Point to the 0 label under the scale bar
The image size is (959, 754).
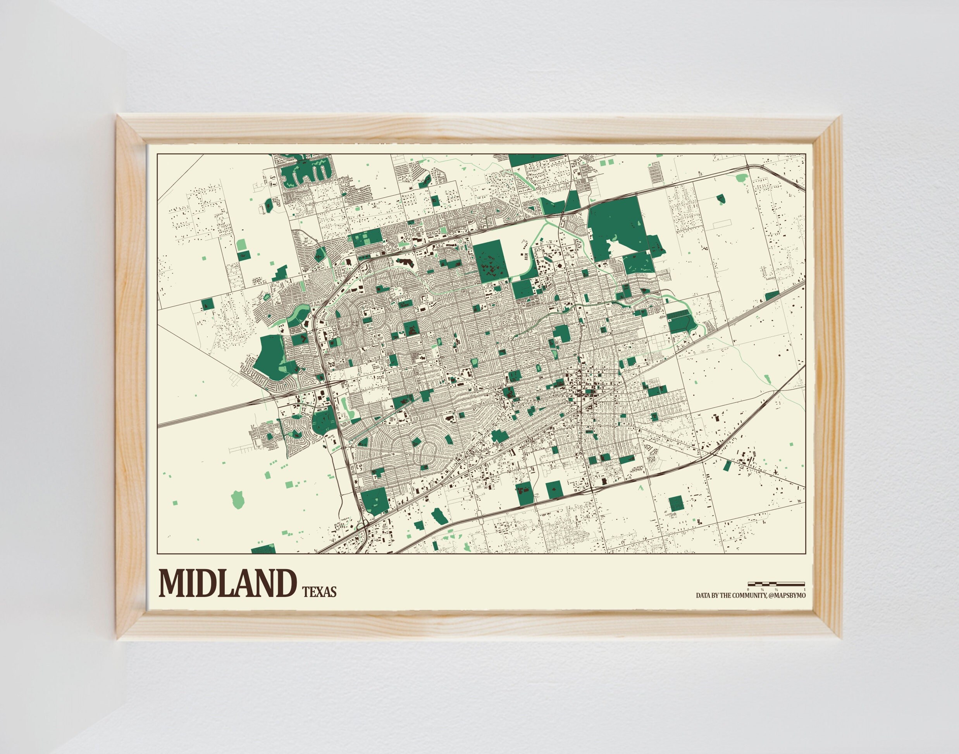tap(748, 589)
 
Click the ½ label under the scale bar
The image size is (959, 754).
tap(776, 589)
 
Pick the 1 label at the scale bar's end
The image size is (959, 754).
tap(805, 589)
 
